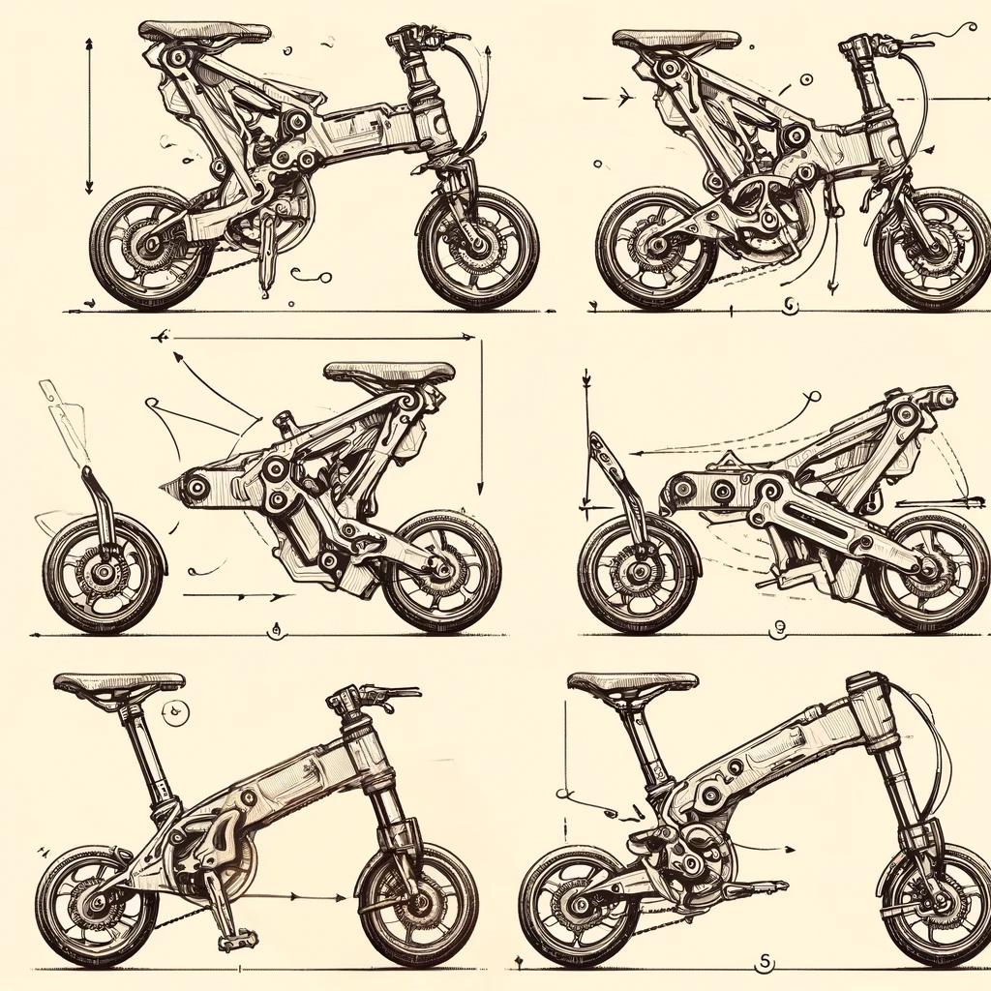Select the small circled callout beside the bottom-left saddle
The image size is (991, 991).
click(176, 714)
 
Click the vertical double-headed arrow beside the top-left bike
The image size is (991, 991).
click(89, 116)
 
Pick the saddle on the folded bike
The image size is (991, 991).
click(389, 373)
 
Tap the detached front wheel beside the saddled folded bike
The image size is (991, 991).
click(104, 574)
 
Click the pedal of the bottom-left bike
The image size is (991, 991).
click(237, 939)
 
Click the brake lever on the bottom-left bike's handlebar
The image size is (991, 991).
click(392, 693)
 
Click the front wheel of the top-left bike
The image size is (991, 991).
click(478, 247)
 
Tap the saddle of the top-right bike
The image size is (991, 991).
click(676, 40)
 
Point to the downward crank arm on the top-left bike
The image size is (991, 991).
click(267, 259)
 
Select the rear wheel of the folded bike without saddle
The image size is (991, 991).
click(929, 571)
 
